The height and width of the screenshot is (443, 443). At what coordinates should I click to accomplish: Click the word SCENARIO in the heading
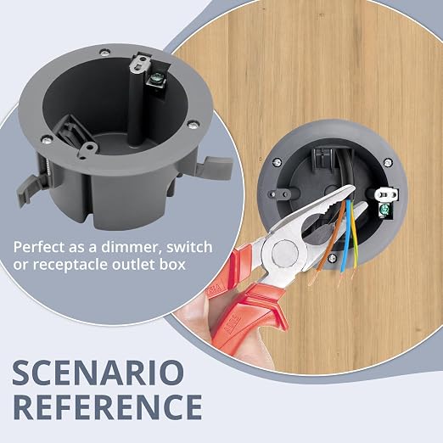click(x=98, y=373)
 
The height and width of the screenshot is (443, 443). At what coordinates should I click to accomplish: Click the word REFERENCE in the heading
click(x=108, y=407)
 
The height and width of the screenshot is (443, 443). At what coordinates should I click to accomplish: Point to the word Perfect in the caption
click(x=39, y=247)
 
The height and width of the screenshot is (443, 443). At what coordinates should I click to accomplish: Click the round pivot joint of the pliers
click(x=285, y=252)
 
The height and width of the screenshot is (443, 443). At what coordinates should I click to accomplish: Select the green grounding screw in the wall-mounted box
click(x=384, y=210)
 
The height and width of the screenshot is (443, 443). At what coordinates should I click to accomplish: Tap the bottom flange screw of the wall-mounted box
click(x=333, y=258)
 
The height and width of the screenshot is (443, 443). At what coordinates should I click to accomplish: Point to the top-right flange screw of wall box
click(x=387, y=162)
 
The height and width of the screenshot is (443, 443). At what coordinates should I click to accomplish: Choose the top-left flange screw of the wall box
click(x=278, y=162)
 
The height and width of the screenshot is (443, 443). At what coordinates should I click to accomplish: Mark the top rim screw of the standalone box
click(x=104, y=53)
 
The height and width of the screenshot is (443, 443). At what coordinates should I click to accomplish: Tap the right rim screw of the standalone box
click(x=193, y=124)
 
